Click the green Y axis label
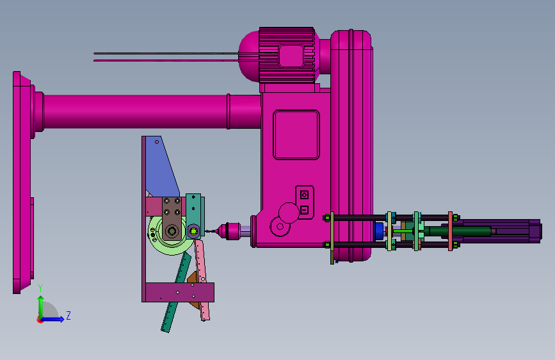tap(40, 288)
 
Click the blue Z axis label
tap(68, 315)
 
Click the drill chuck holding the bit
tap(229, 231)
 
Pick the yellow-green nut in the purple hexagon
tap(193, 232)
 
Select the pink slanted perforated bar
tap(202, 280)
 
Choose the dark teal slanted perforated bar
tap(176, 293)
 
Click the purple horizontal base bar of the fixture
tap(179, 292)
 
